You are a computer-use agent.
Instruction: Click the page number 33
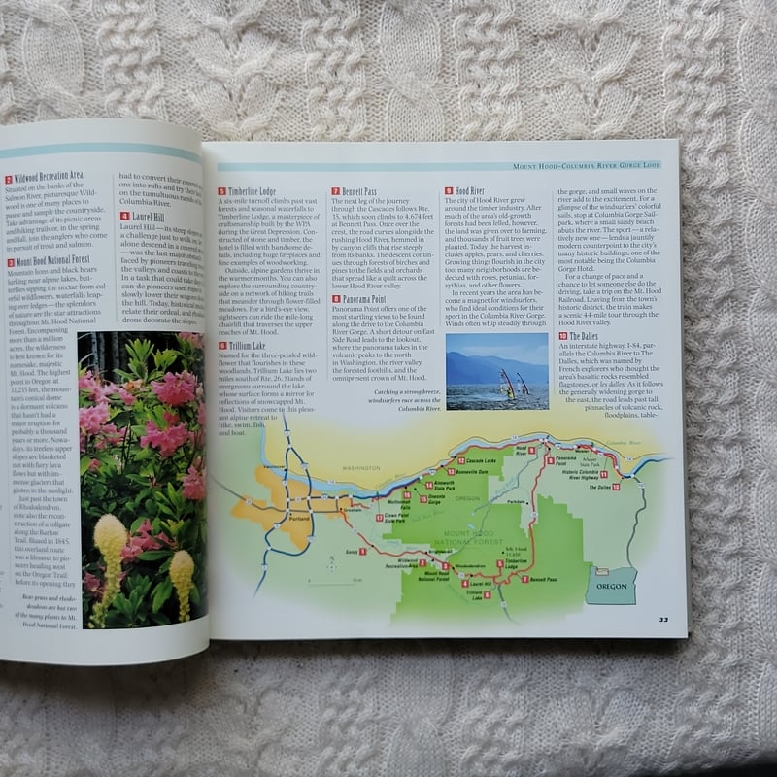point(662,619)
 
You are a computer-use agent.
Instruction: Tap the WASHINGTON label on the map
point(360,468)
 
